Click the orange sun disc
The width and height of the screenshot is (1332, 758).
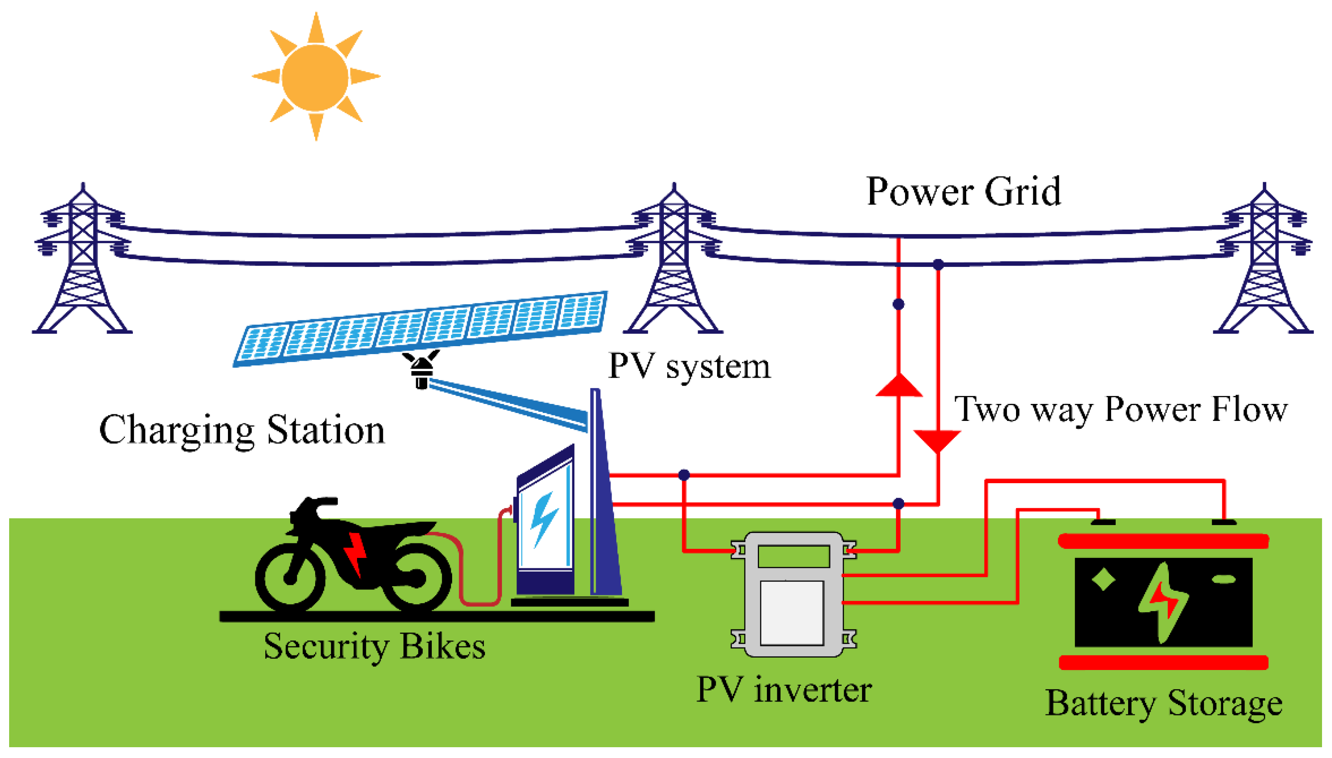[315, 77]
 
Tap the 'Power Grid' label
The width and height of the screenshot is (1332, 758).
[963, 192]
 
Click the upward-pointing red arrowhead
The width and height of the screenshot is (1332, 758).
[899, 386]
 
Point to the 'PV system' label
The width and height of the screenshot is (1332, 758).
[689, 367]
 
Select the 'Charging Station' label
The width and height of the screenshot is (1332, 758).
[242, 430]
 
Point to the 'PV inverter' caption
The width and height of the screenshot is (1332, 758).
[784, 690]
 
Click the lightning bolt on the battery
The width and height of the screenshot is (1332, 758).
[1162, 602]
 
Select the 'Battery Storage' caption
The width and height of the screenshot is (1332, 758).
[1163, 704]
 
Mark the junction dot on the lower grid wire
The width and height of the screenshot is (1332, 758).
[938, 264]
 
